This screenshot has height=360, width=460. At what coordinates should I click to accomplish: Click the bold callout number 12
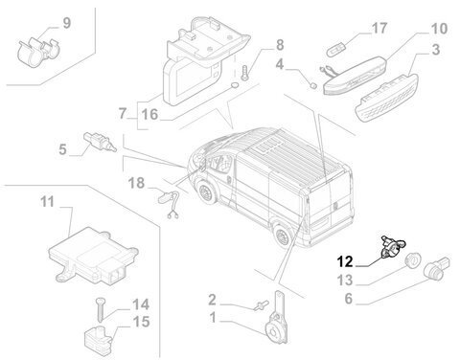pos(345,261)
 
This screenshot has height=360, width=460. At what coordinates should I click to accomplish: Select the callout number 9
pos(66,23)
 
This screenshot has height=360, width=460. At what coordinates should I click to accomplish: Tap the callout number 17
pos(379,28)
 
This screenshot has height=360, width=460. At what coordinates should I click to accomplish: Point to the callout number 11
pos(48,202)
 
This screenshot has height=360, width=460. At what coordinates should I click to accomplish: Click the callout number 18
pos(136,184)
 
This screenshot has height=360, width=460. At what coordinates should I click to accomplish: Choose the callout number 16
pos(149,114)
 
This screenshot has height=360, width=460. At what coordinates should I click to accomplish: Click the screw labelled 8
pos(245,73)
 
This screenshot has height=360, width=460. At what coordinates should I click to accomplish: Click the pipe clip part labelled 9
pos(39,52)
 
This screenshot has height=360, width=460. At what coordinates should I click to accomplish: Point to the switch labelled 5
pos(100,142)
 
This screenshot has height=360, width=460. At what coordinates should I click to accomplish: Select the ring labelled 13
pos(413,259)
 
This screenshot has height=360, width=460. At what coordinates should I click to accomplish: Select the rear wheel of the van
pos(283,236)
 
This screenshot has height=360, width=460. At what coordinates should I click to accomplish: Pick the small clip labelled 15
pos(99,337)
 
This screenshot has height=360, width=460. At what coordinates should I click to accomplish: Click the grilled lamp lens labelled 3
pos(386,98)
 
